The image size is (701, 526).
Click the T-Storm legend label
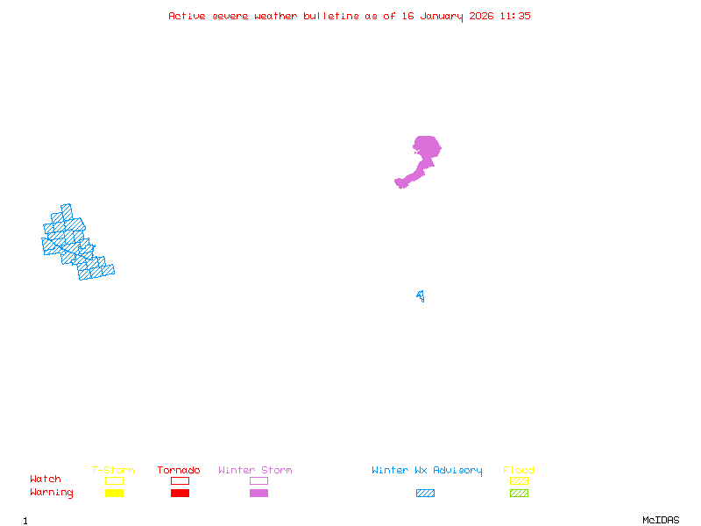tap(113, 471)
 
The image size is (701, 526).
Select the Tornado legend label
tap(179, 471)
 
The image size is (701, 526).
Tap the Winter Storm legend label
tap(255, 471)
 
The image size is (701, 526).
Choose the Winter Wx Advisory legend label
tap(427, 471)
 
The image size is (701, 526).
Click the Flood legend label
tap(519, 471)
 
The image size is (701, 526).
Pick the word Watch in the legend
tap(46, 480)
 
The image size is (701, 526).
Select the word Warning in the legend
tap(52, 493)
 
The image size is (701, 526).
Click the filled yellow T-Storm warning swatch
tap(114, 494)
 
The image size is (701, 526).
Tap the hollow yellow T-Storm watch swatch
tap(114, 480)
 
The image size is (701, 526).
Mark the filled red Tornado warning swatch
tap(180, 494)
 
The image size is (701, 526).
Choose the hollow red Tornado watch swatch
tap(180, 480)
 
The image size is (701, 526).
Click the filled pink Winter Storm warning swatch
tap(258, 494)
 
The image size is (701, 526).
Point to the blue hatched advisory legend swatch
tap(425, 494)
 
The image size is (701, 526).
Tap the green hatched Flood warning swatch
tap(519, 494)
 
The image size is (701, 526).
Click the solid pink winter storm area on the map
tap(426, 149)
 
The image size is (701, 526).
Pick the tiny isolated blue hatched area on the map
tap(421, 296)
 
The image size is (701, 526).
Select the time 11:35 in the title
tap(515, 16)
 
